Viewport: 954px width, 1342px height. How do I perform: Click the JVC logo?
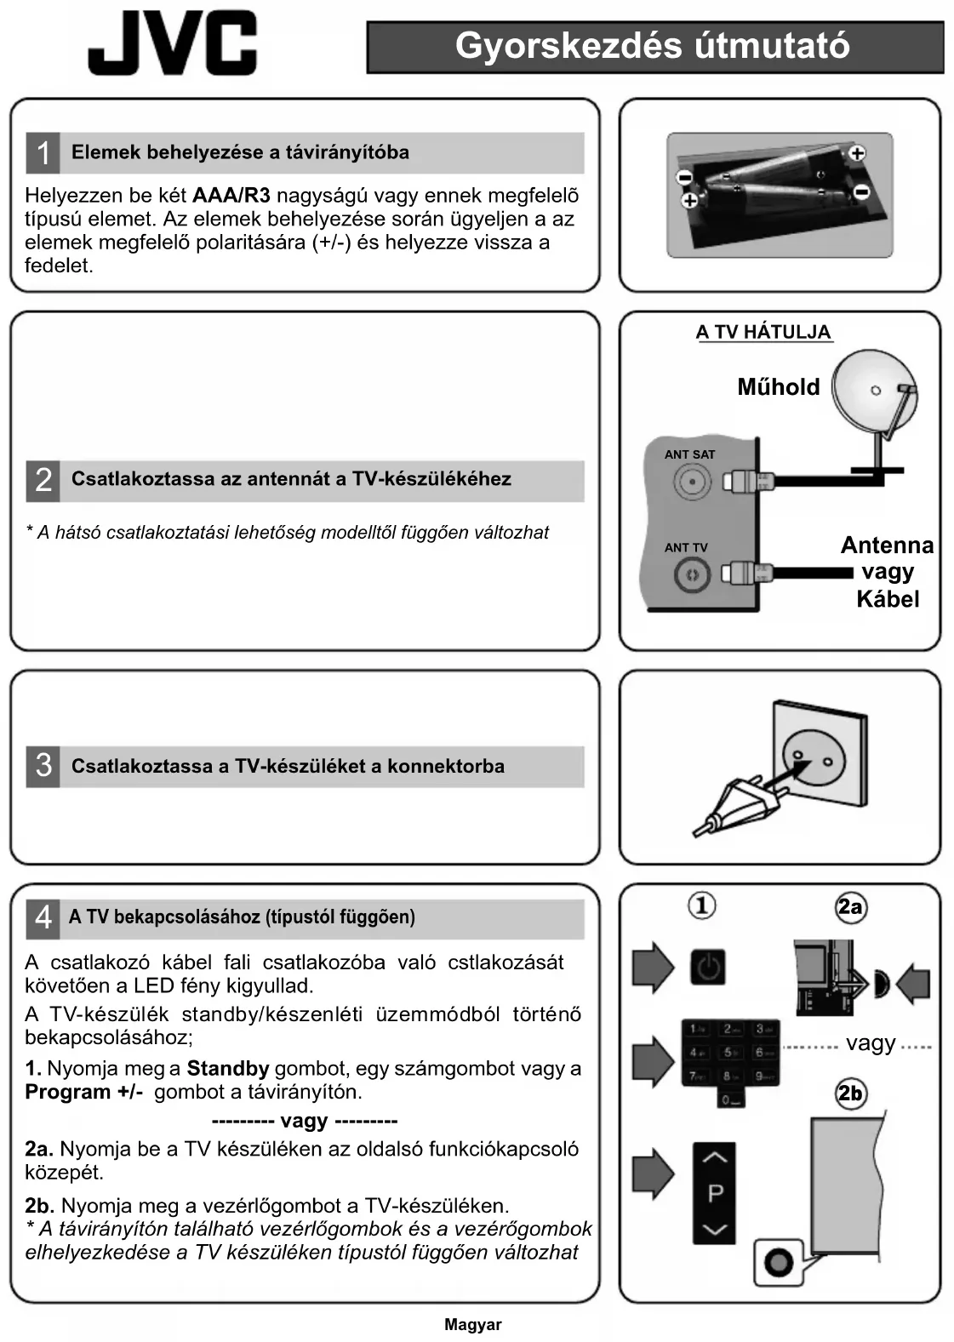172,44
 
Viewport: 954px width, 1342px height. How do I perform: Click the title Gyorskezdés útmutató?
653,46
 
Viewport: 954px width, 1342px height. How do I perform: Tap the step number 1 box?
43,153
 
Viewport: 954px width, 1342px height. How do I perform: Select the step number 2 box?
43,480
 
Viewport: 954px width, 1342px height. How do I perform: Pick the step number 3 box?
43,766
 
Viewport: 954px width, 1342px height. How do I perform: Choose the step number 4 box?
43,917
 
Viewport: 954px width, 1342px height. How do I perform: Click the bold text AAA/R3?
231,196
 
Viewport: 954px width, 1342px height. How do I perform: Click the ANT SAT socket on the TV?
692,482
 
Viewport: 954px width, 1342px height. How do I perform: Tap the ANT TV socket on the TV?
692,575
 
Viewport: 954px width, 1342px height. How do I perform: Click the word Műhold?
778,387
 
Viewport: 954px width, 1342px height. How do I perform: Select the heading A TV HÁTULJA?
763,332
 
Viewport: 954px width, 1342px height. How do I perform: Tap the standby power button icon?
708,968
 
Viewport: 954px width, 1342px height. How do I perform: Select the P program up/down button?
715,1192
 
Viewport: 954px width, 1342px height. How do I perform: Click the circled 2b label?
849,1094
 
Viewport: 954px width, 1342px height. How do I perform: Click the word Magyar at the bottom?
472,1324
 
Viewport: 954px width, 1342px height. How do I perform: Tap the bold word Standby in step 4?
227,1069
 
